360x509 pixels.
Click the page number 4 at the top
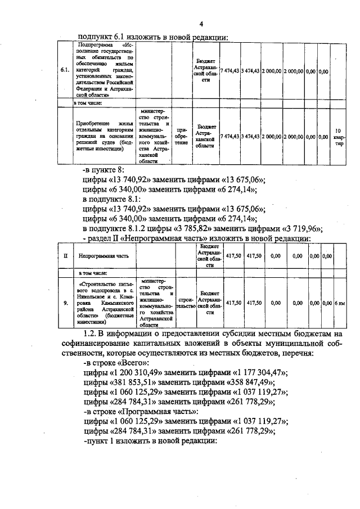click(x=200, y=24)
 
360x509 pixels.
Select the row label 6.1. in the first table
click(x=65, y=70)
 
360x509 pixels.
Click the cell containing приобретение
click(x=182, y=136)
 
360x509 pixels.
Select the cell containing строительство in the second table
click(x=185, y=303)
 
